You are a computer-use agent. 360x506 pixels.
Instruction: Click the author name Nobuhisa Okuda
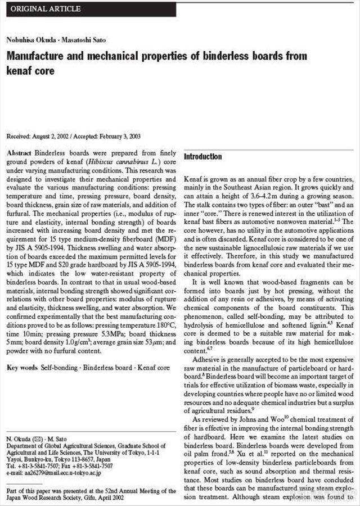tap(28, 39)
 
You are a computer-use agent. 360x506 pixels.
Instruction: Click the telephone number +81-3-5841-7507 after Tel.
tap(39, 466)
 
